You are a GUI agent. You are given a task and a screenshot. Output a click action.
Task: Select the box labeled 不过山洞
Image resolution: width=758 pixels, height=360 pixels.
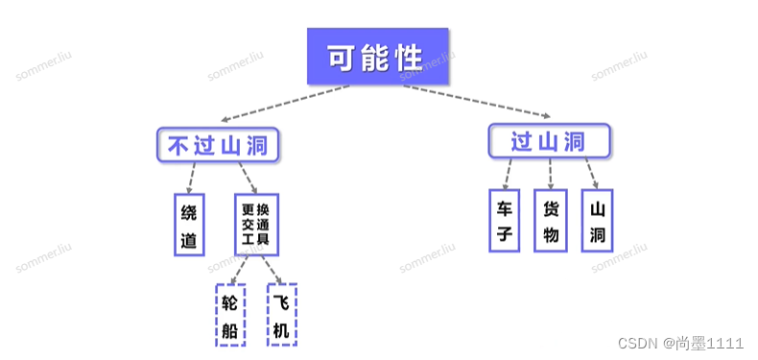tap(219, 145)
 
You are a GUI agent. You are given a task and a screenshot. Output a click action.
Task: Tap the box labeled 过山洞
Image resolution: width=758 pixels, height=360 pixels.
tap(549, 141)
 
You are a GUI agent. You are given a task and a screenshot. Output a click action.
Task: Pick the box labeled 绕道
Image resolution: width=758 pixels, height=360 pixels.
tap(189, 224)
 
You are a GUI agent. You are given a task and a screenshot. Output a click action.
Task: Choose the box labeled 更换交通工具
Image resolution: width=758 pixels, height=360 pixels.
tap(256, 224)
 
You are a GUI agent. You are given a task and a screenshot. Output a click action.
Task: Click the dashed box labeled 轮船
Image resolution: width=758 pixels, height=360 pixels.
tap(229, 314)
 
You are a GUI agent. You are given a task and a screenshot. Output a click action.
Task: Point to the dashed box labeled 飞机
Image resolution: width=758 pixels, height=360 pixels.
tap(281, 314)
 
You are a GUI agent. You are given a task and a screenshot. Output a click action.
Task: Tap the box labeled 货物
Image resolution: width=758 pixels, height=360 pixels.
tap(550, 220)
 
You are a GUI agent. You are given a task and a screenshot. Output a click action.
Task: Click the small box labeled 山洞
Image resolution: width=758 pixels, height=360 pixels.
tap(597, 220)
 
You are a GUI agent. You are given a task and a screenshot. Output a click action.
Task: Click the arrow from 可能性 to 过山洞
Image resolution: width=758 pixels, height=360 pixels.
tap(480, 103)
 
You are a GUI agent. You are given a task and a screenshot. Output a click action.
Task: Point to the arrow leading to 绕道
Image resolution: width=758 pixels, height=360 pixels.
tap(195, 177)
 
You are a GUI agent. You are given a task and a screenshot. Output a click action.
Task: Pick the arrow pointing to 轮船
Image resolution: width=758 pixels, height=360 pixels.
tap(238, 269)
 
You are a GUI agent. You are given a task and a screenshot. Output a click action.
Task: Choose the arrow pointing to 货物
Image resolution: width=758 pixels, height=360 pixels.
tap(550, 173)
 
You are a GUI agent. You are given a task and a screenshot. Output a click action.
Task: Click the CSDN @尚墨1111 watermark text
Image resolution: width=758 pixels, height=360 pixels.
tap(680, 343)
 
